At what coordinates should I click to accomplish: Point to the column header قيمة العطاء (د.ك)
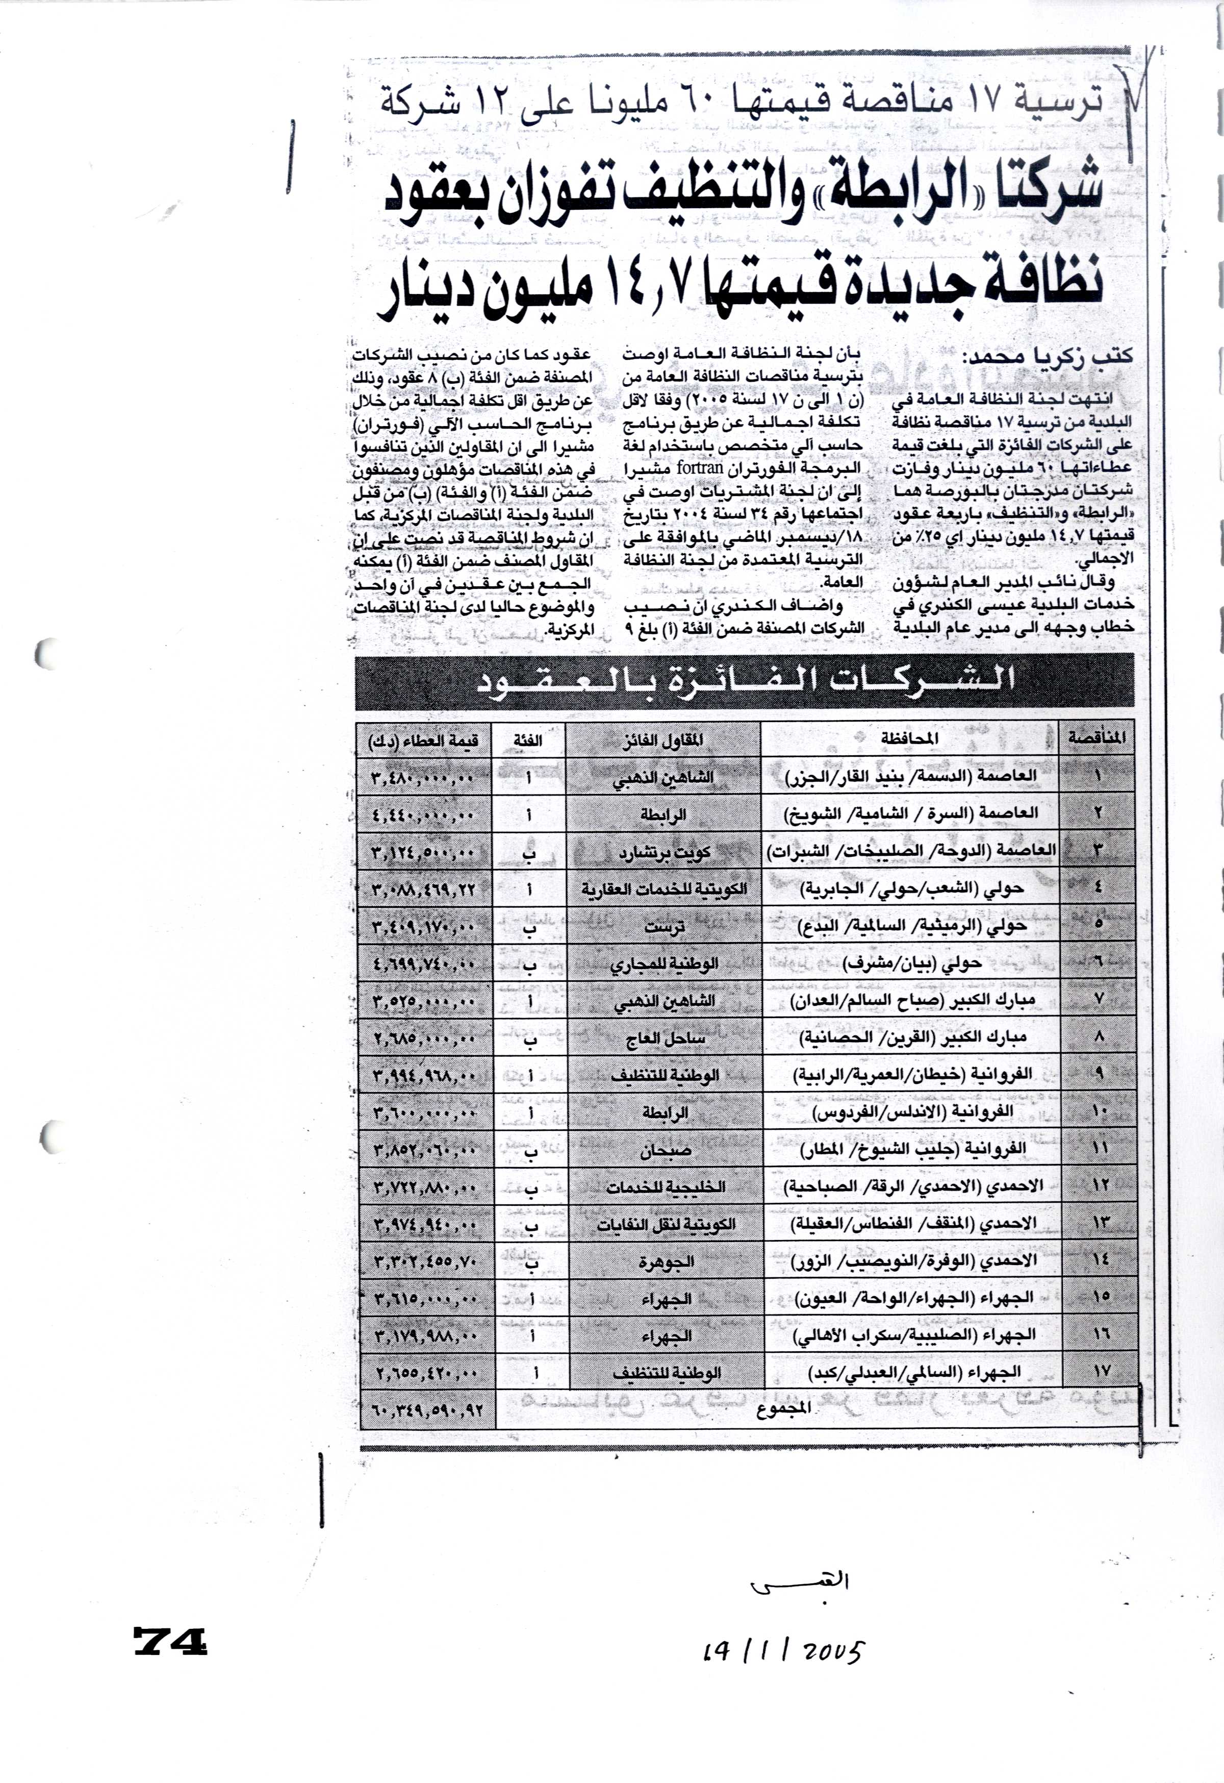pyautogui.click(x=423, y=739)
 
